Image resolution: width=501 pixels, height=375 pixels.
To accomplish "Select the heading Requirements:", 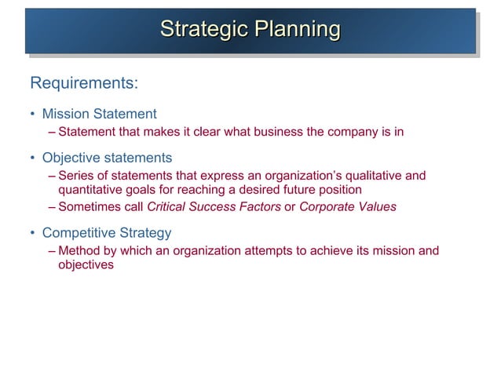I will [x=84, y=82].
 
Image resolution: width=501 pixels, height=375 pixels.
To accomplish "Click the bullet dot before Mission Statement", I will [x=33, y=115].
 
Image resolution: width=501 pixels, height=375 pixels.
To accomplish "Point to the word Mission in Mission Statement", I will [x=65, y=115].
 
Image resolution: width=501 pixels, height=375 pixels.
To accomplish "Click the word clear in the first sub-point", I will [x=207, y=132].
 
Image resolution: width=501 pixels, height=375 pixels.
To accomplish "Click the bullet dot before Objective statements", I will [x=33, y=158].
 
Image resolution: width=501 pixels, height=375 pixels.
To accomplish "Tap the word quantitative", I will [x=89, y=190].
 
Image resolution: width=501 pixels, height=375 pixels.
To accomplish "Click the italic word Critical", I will [x=168, y=207].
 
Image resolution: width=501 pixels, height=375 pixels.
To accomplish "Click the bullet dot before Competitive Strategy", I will [x=33, y=233].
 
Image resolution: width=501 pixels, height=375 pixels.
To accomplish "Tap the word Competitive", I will [x=78, y=233].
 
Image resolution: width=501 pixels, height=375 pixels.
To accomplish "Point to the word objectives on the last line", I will [x=86, y=265].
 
